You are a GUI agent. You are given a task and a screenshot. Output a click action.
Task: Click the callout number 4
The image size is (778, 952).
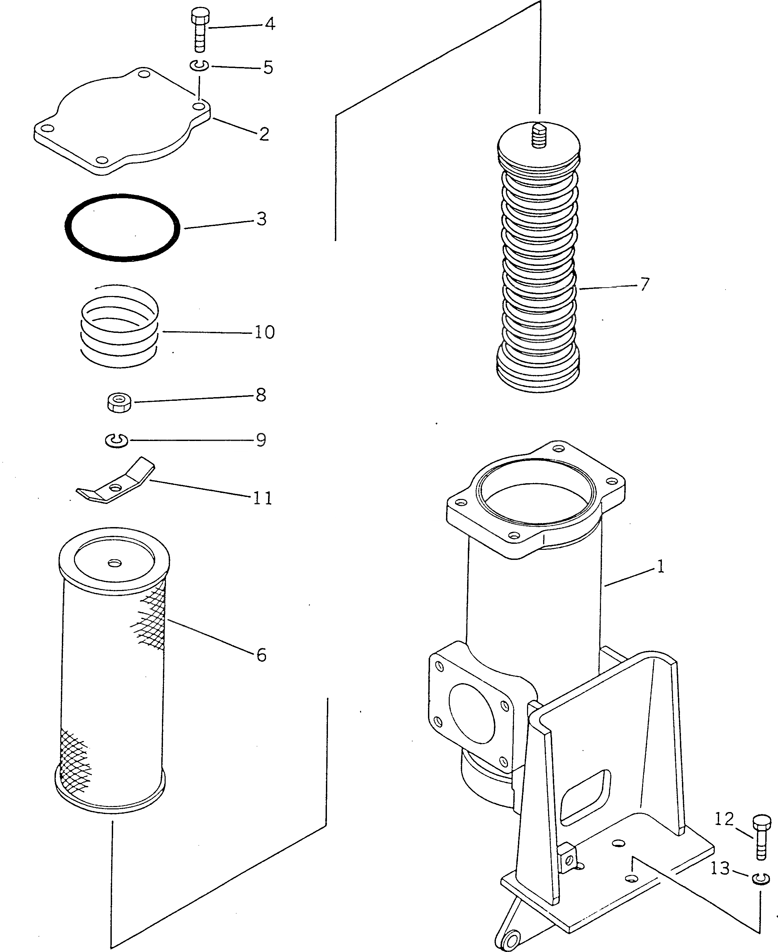(x=270, y=24)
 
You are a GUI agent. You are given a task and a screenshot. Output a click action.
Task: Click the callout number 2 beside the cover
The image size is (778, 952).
(x=264, y=134)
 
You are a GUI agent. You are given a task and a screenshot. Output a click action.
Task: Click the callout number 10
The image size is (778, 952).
(x=264, y=332)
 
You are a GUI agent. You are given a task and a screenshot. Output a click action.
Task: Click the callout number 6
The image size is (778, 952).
(x=262, y=655)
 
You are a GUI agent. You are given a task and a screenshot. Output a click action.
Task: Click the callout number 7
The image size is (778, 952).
(x=644, y=284)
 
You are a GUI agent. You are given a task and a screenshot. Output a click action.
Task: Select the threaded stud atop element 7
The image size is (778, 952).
(x=539, y=135)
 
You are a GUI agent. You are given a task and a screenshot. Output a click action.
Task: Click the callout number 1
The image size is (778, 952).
(x=660, y=567)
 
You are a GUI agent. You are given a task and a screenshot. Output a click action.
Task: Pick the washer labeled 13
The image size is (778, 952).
(x=761, y=878)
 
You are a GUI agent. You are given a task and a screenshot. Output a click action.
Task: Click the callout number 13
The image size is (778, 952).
(x=720, y=869)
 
